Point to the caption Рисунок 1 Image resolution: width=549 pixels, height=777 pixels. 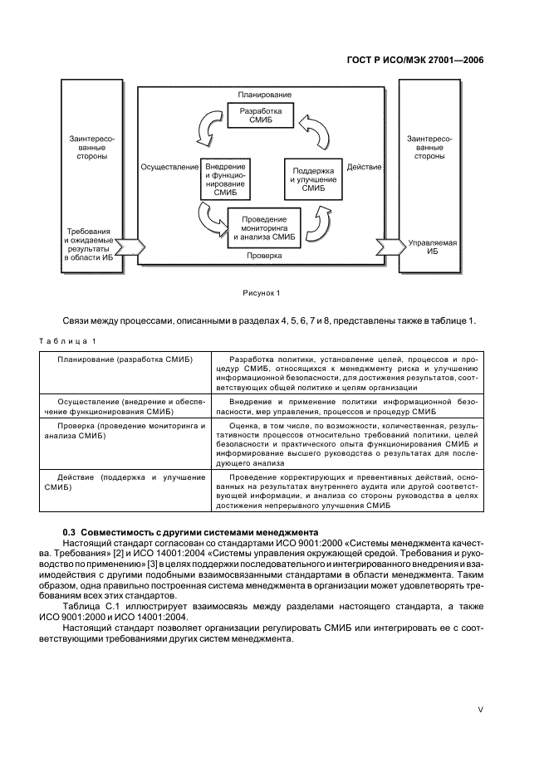coord(262,292)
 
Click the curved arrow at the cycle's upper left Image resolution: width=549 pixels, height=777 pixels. coord(206,128)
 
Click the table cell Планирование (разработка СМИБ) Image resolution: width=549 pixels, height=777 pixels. coord(125,359)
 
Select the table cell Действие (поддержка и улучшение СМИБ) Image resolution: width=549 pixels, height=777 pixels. coord(125,482)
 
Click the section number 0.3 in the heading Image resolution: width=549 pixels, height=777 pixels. coord(70,530)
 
